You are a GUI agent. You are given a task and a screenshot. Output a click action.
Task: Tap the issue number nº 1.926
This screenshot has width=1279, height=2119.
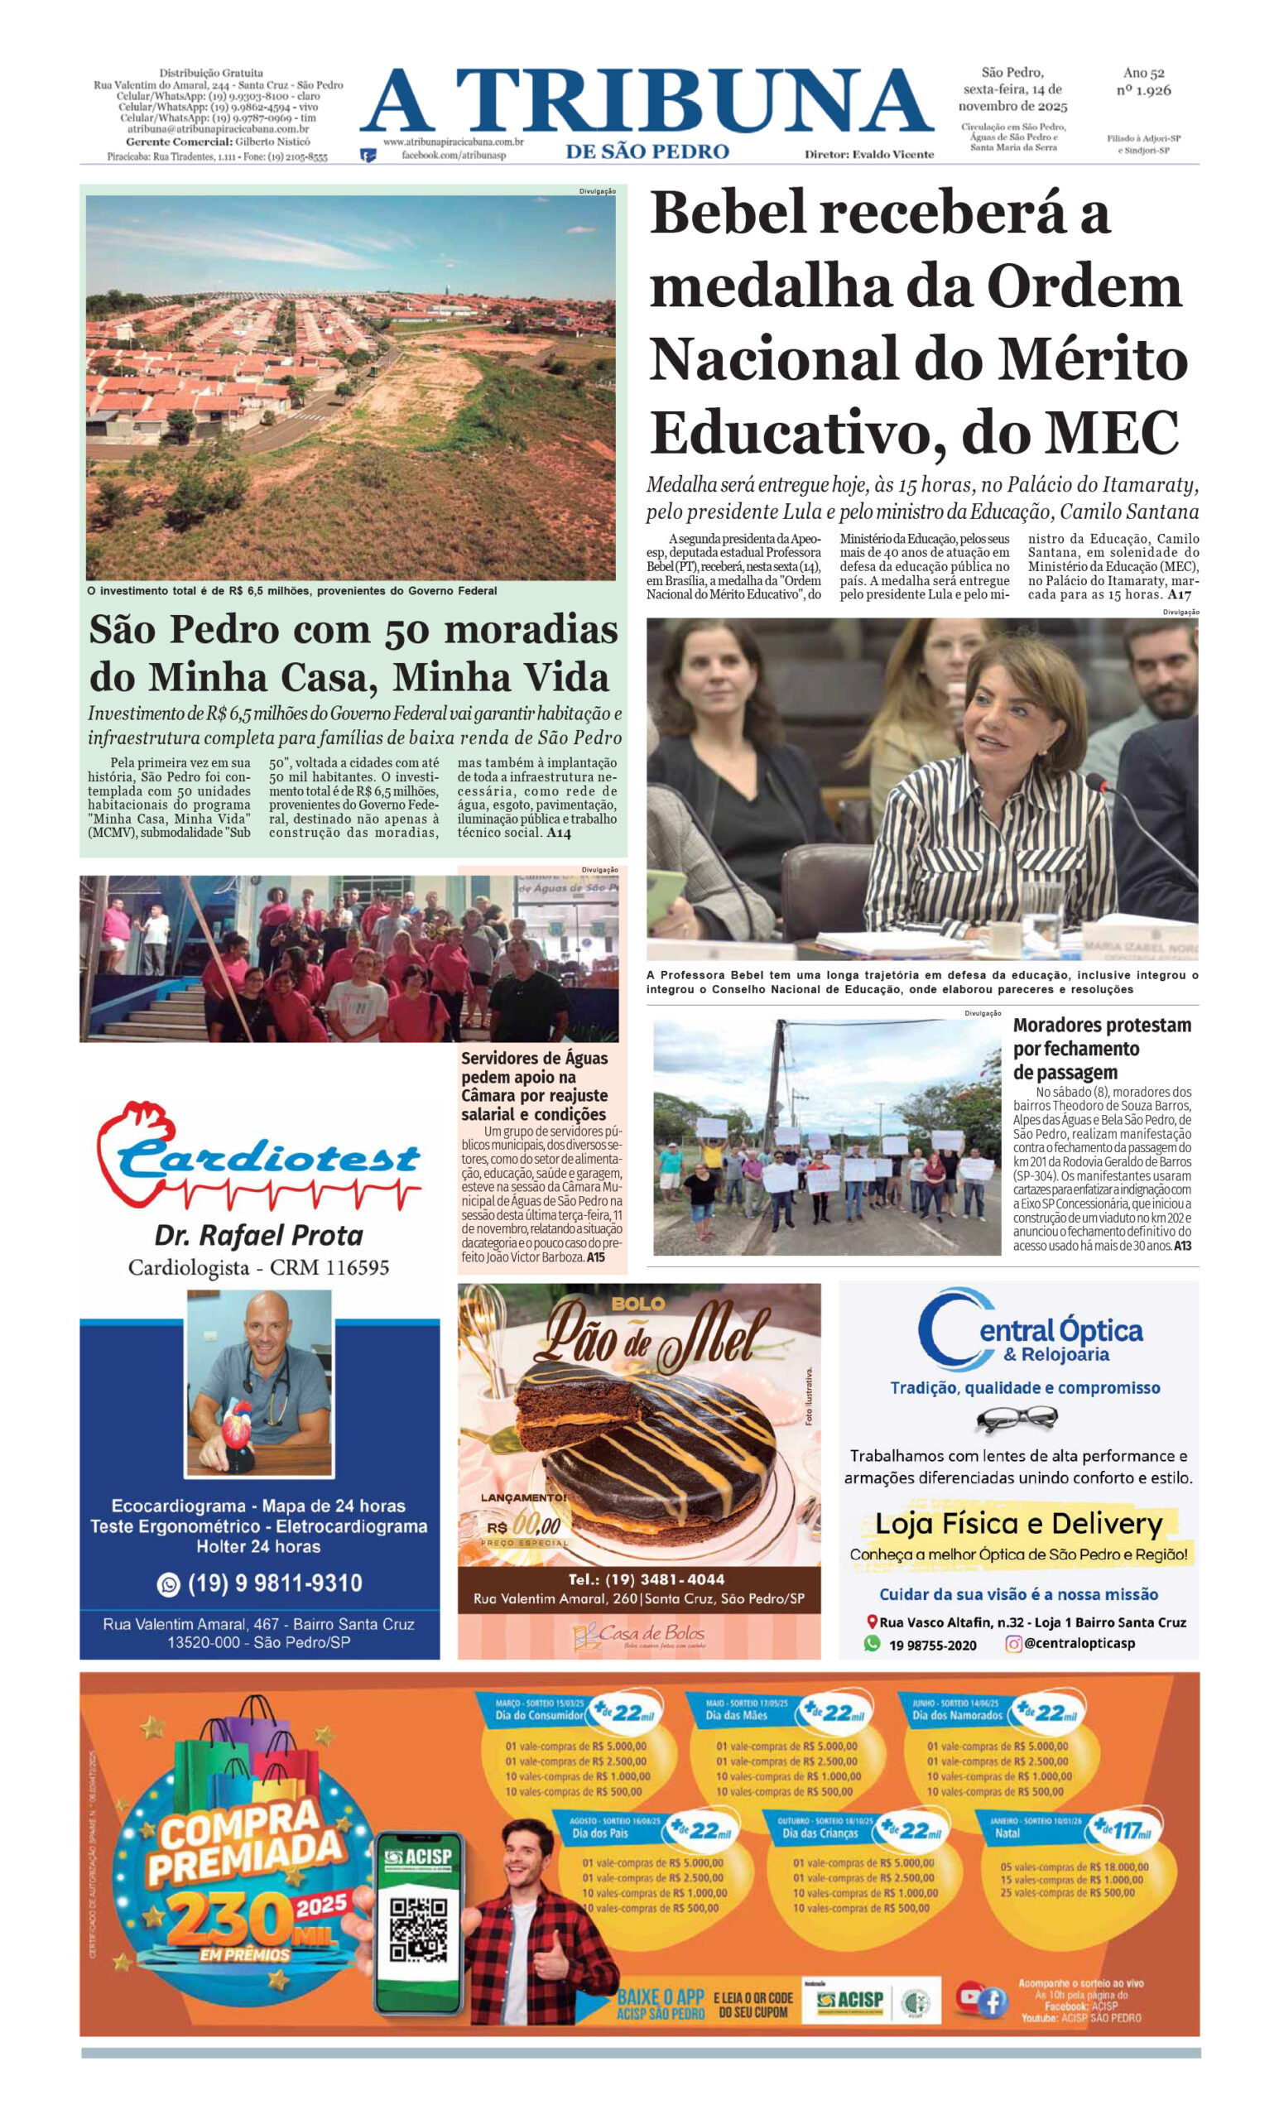pos(1147,89)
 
